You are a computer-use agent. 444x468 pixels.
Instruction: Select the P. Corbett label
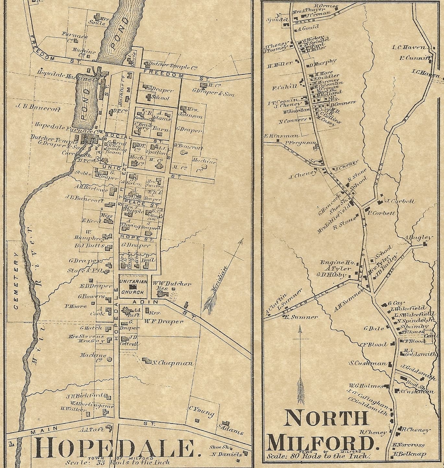click(381, 213)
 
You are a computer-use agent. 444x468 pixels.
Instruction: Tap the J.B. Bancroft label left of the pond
click(38, 108)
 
